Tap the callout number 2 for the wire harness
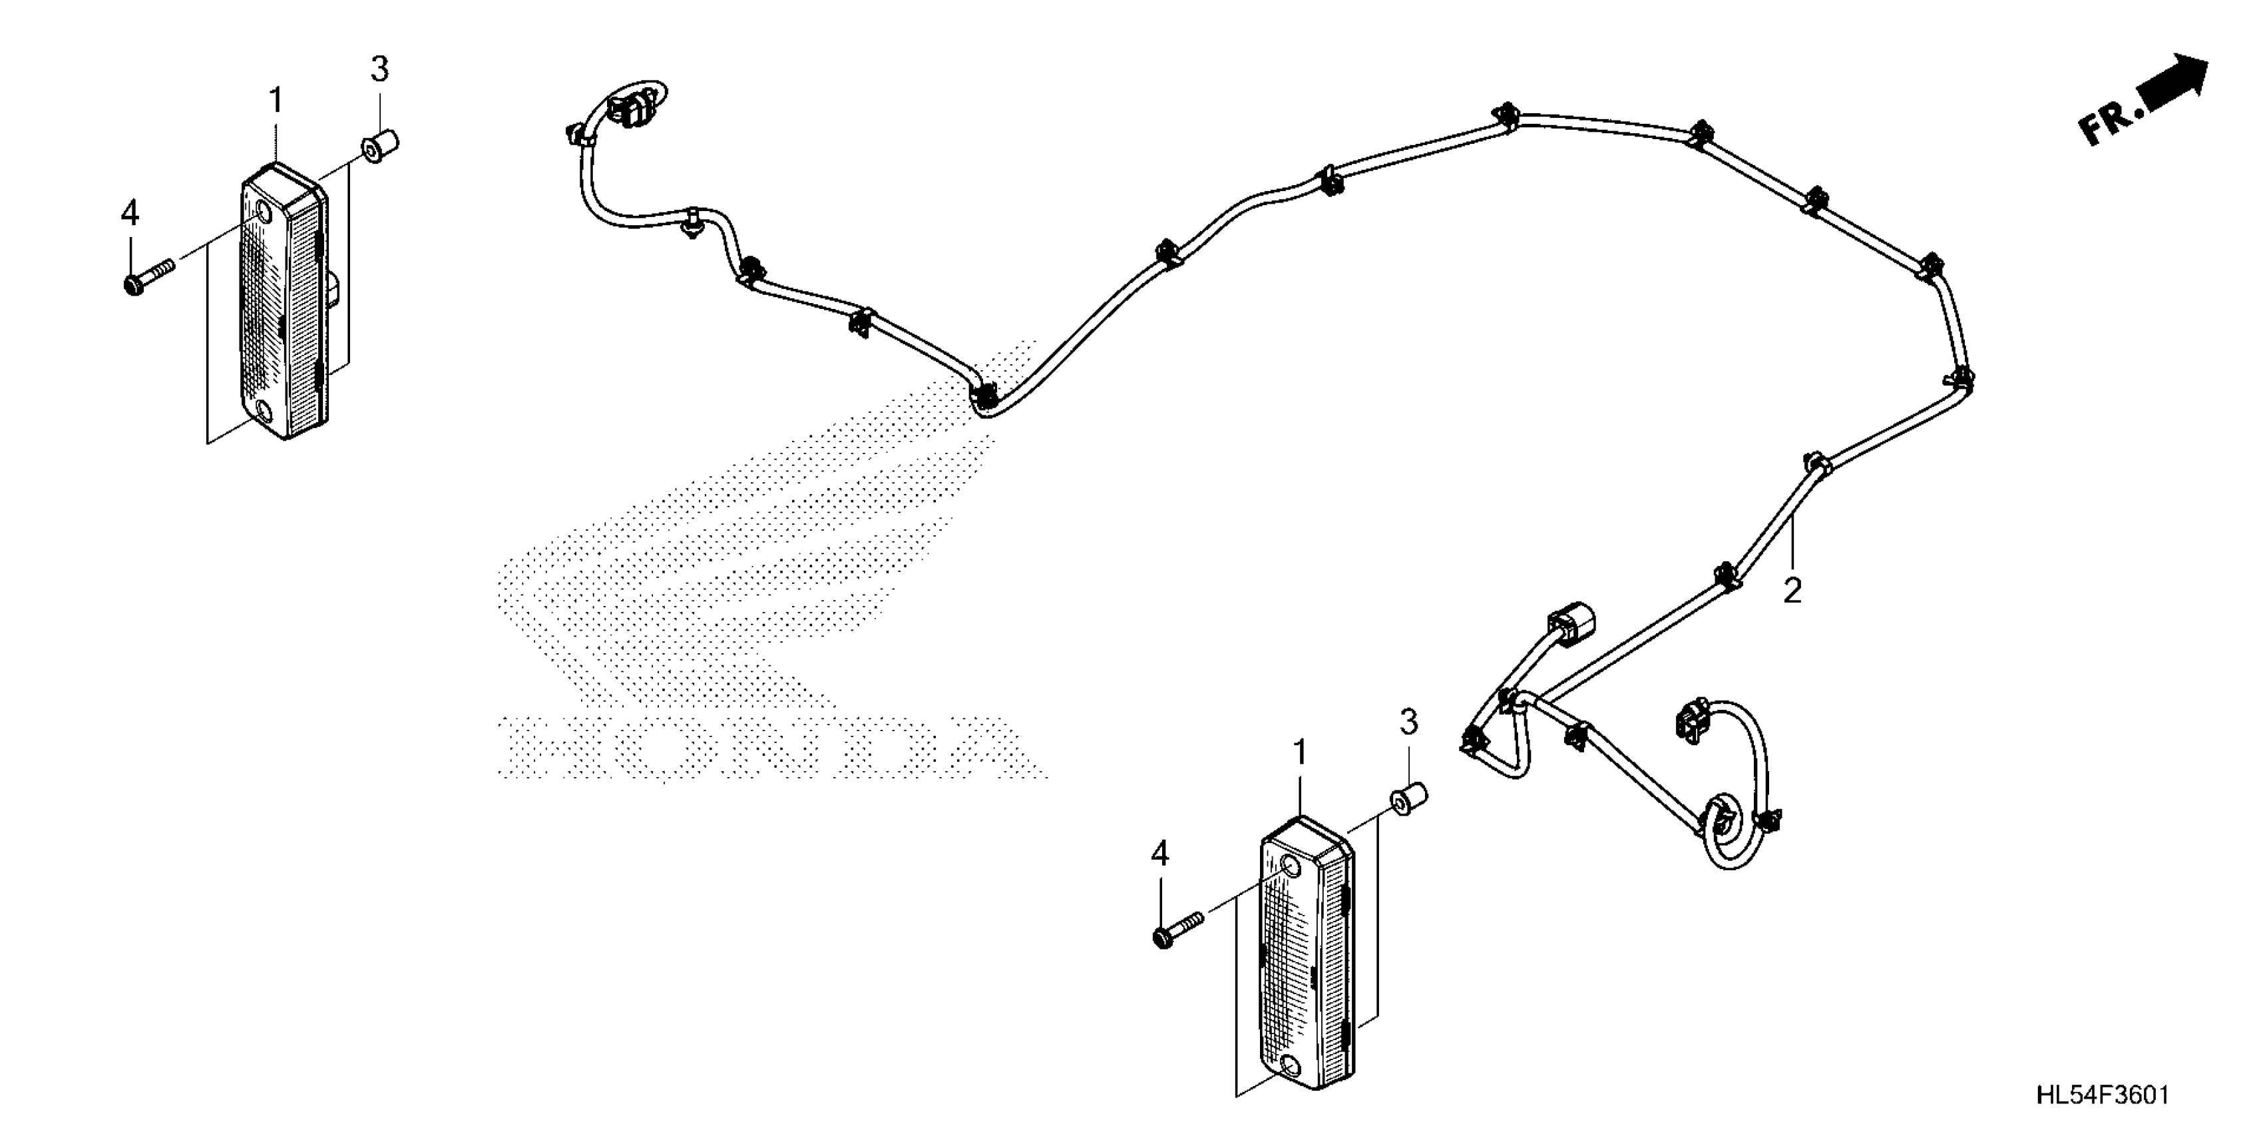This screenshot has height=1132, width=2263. point(1792,590)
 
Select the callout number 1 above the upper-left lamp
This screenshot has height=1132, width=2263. point(276,102)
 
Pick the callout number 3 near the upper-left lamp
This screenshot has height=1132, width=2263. point(379,69)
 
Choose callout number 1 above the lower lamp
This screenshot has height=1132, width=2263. point(1299,752)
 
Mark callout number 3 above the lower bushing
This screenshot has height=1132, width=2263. point(1408,722)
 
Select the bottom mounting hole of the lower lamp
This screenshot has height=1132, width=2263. point(1291,1066)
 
